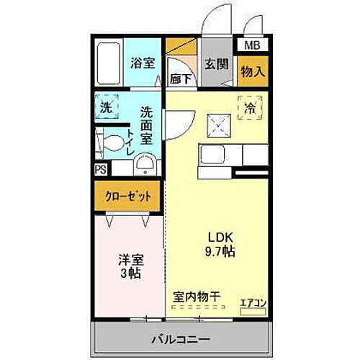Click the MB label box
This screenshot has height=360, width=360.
pyautogui.click(x=253, y=45)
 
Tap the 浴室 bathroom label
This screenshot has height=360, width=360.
pyautogui.click(x=142, y=63)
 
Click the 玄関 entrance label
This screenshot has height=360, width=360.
pyautogui.click(x=215, y=63)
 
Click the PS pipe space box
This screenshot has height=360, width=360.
pyautogui.click(x=101, y=169)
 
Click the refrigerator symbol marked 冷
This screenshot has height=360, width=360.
pyautogui.click(x=249, y=108)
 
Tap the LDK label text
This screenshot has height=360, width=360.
pyautogui.click(x=219, y=238)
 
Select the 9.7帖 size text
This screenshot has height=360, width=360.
pyautogui.click(x=219, y=252)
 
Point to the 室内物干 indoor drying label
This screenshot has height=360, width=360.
pyautogui.click(x=197, y=296)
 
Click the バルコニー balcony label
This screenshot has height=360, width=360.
pyautogui.click(x=180, y=337)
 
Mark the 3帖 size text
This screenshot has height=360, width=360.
pyautogui.click(x=129, y=274)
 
